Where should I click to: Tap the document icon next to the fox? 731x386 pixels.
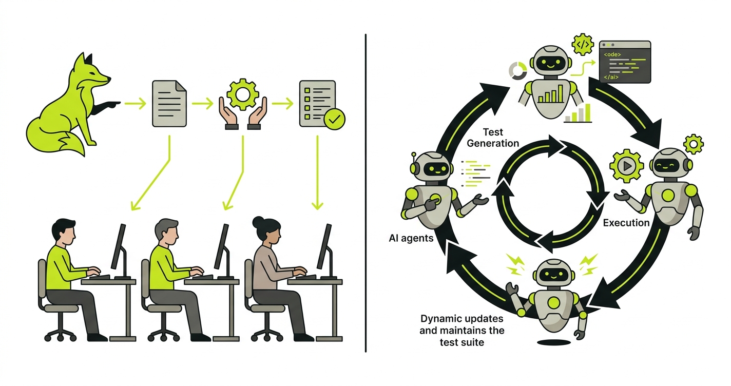[169, 104]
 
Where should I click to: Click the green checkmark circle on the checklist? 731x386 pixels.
[335, 120]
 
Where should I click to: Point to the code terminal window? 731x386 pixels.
[625, 62]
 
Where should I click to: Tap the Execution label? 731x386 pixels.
[626, 223]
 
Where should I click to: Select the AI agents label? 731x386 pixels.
[412, 238]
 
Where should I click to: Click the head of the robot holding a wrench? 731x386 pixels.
[549, 272]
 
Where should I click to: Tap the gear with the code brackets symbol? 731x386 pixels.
[583, 45]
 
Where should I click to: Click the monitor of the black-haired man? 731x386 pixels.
[118, 246]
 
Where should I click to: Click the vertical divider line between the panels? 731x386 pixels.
[365, 193]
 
